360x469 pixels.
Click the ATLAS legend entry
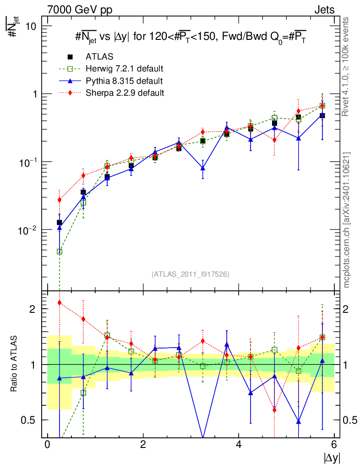coord(99,57)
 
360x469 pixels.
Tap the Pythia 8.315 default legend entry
coord(124,81)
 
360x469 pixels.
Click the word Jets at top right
coord(324,10)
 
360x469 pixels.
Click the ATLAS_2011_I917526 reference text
coord(191,274)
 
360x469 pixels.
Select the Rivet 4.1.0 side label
coord(347,66)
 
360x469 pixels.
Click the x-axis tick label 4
coord(239,445)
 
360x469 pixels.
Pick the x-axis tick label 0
coord(47,445)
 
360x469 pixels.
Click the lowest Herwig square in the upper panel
coord(59,251)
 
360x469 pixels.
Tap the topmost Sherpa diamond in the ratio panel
coord(59,302)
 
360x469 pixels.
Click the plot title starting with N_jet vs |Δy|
coord(191,38)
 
